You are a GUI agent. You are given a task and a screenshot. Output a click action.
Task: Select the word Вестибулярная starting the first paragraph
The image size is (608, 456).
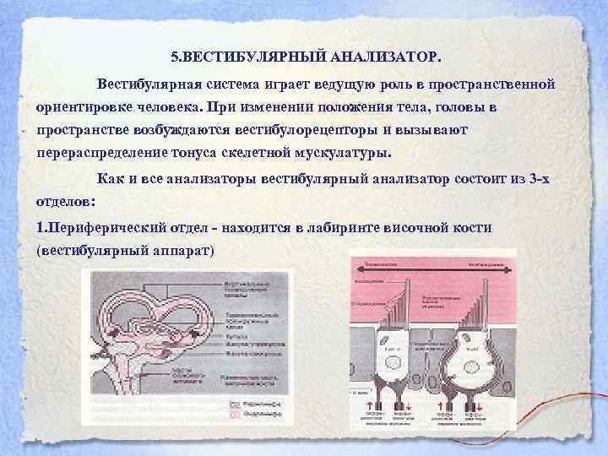[148, 84]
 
